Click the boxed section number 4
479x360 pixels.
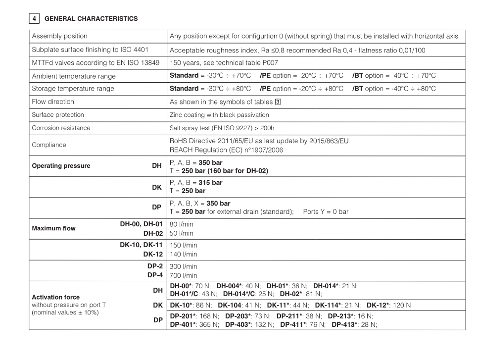coord(33,19)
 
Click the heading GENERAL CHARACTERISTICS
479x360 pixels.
coord(91,19)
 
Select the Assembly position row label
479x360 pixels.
coord(59,36)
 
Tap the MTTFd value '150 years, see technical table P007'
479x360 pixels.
coord(227,63)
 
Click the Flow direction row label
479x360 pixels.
coord(53,102)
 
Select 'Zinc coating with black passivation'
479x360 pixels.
coord(219,115)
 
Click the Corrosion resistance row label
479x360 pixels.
coord(61,128)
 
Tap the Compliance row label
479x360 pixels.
coord(49,145)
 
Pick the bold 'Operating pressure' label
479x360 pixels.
coord(61,166)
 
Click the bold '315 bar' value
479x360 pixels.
coord(210,183)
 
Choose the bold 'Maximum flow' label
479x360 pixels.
coord(53,229)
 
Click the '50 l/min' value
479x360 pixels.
coord(181,233)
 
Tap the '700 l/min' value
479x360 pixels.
coord(183,275)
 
